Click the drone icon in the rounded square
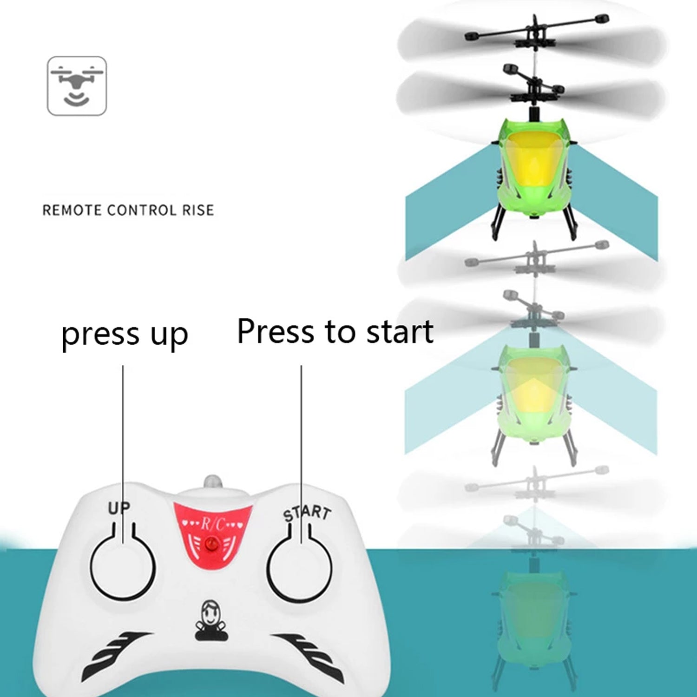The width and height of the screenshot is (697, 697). (x=77, y=85)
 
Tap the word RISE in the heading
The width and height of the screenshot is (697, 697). (x=198, y=210)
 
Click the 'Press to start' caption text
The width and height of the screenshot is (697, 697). (x=335, y=332)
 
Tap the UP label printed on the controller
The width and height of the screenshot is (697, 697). (x=119, y=508)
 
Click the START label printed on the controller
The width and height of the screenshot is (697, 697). (x=307, y=513)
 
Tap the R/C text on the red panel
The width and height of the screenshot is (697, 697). (x=213, y=524)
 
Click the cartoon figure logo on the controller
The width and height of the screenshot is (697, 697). (x=211, y=621)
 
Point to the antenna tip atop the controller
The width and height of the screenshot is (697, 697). (x=212, y=481)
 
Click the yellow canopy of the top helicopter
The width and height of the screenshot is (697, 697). (x=533, y=160)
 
